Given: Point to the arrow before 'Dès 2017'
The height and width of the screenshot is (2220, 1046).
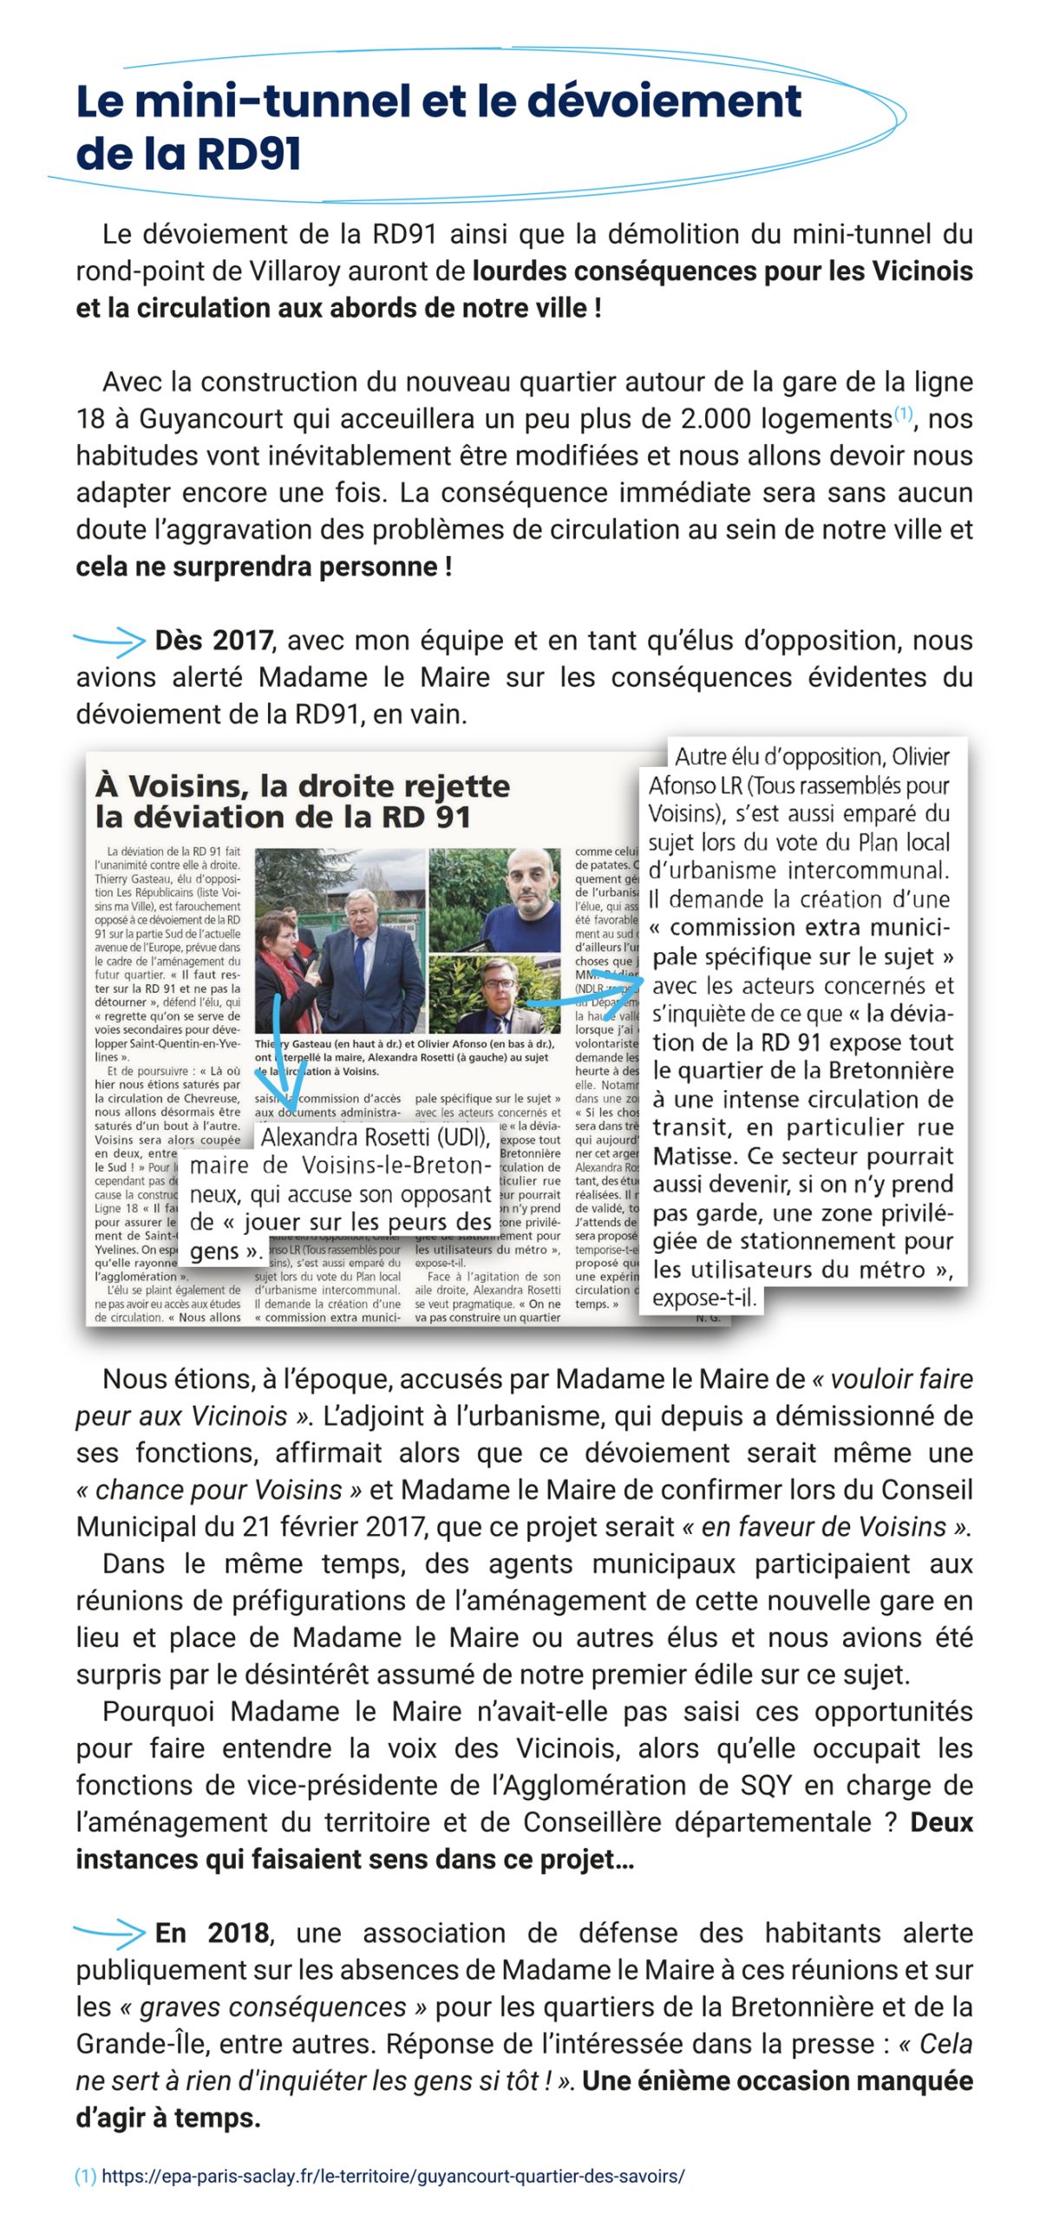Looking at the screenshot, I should click(109, 642).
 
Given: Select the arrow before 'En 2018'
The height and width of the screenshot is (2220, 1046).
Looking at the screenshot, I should click(109, 1933).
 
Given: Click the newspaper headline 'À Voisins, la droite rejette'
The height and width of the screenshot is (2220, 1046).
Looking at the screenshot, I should click(303, 786).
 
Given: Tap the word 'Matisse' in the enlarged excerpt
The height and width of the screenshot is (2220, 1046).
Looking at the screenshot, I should click(692, 1157).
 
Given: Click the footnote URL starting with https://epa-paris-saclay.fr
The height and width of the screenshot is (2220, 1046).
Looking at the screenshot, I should click(393, 2176).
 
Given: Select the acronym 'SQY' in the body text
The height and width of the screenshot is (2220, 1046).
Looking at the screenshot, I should click(766, 1786).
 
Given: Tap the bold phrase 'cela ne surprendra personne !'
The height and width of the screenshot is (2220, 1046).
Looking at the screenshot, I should click(264, 567).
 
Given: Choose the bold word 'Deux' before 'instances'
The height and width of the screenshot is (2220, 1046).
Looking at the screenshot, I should click(940, 1823).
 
